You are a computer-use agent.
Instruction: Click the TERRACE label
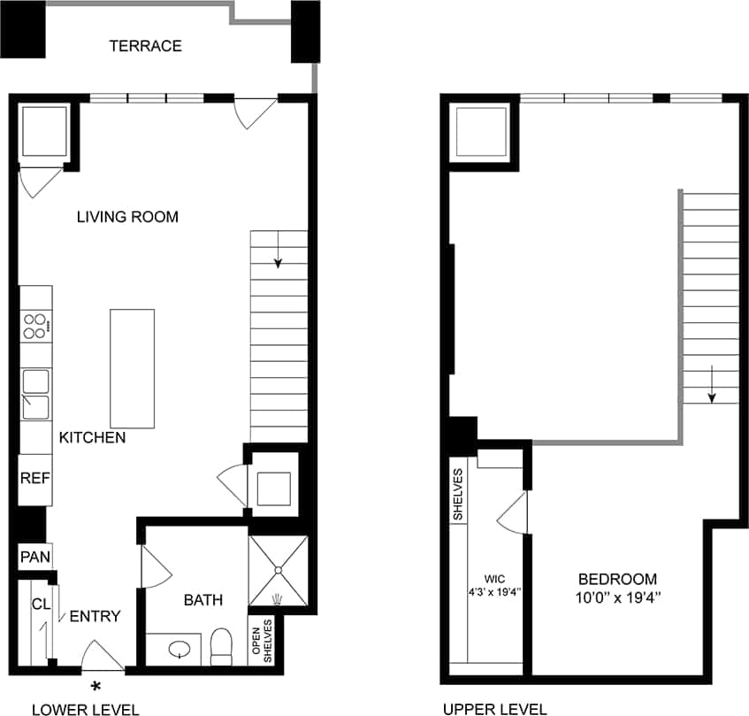pos(145,46)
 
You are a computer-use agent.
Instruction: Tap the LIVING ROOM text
pos(126,217)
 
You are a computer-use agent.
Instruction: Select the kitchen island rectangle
pos(132,368)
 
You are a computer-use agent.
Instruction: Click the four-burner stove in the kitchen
pos(35,327)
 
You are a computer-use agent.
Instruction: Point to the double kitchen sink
pos(35,394)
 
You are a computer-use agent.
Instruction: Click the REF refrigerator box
pos(34,478)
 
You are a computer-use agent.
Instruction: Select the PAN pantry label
pos(34,558)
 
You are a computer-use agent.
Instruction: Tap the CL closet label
pos(40,604)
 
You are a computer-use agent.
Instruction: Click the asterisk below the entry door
pos(96,686)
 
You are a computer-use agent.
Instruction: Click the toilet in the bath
pos(221,646)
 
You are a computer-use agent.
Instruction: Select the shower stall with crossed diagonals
pos(279,573)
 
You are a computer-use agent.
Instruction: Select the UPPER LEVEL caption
pos(495,708)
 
